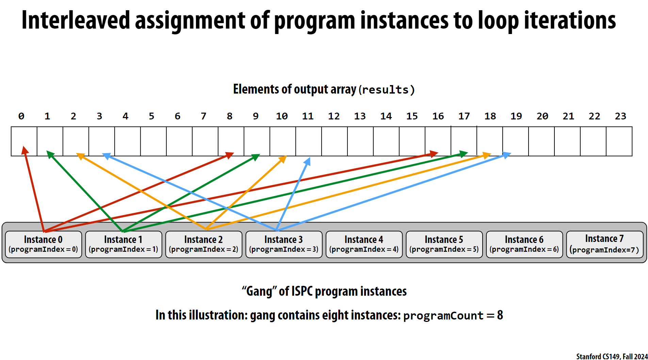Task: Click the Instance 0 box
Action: tap(44, 244)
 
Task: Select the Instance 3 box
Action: tap(284, 244)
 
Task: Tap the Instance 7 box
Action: tap(605, 244)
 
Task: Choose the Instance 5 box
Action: tap(444, 244)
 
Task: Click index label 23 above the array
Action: tap(620, 116)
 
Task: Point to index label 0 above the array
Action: tap(21, 116)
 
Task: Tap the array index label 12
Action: tap(334, 116)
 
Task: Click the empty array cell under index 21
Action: tap(567, 141)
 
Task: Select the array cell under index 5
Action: tap(153, 141)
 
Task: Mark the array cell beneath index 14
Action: tap(386, 141)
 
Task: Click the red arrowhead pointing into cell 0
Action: tap(25, 150)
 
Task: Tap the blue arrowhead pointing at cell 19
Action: tap(507, 155)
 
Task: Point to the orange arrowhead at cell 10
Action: tap(283, 159)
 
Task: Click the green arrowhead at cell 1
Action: tap(50, 154)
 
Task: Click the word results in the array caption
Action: tap(385, 90)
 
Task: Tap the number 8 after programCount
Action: tap(500, 315)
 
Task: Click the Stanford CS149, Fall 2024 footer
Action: tap(612, 356)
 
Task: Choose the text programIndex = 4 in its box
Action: tap(364, 249)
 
